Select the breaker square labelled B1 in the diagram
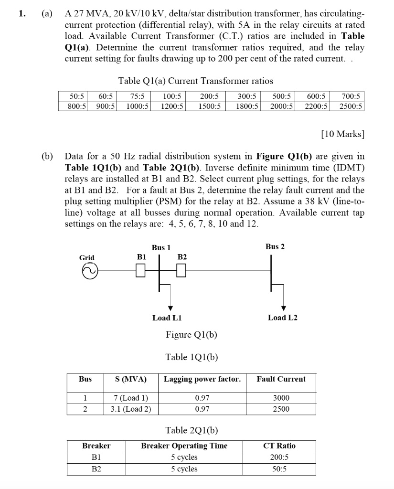pyautogui.click(x=140, y=271)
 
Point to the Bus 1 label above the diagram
pyautogui.click(x=161, y=247)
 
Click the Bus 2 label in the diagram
pyautogui.click(x=275, y=246)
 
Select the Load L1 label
pyautogui.click(x=167, y=318)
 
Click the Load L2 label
pyautogui.click(x=283, y=318)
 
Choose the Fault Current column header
pyautogui.click(x=281, y=379)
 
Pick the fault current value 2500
pyautogui.click(x=281, y=409)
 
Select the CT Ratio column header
pyautogui.click(x=279, y=446)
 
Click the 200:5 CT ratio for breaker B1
pyautogui.click(x=279, y=457)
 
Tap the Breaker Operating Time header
pyautogui.click(x=184, y=446)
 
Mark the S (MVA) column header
pyautogui.click(x=131, y=379)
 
